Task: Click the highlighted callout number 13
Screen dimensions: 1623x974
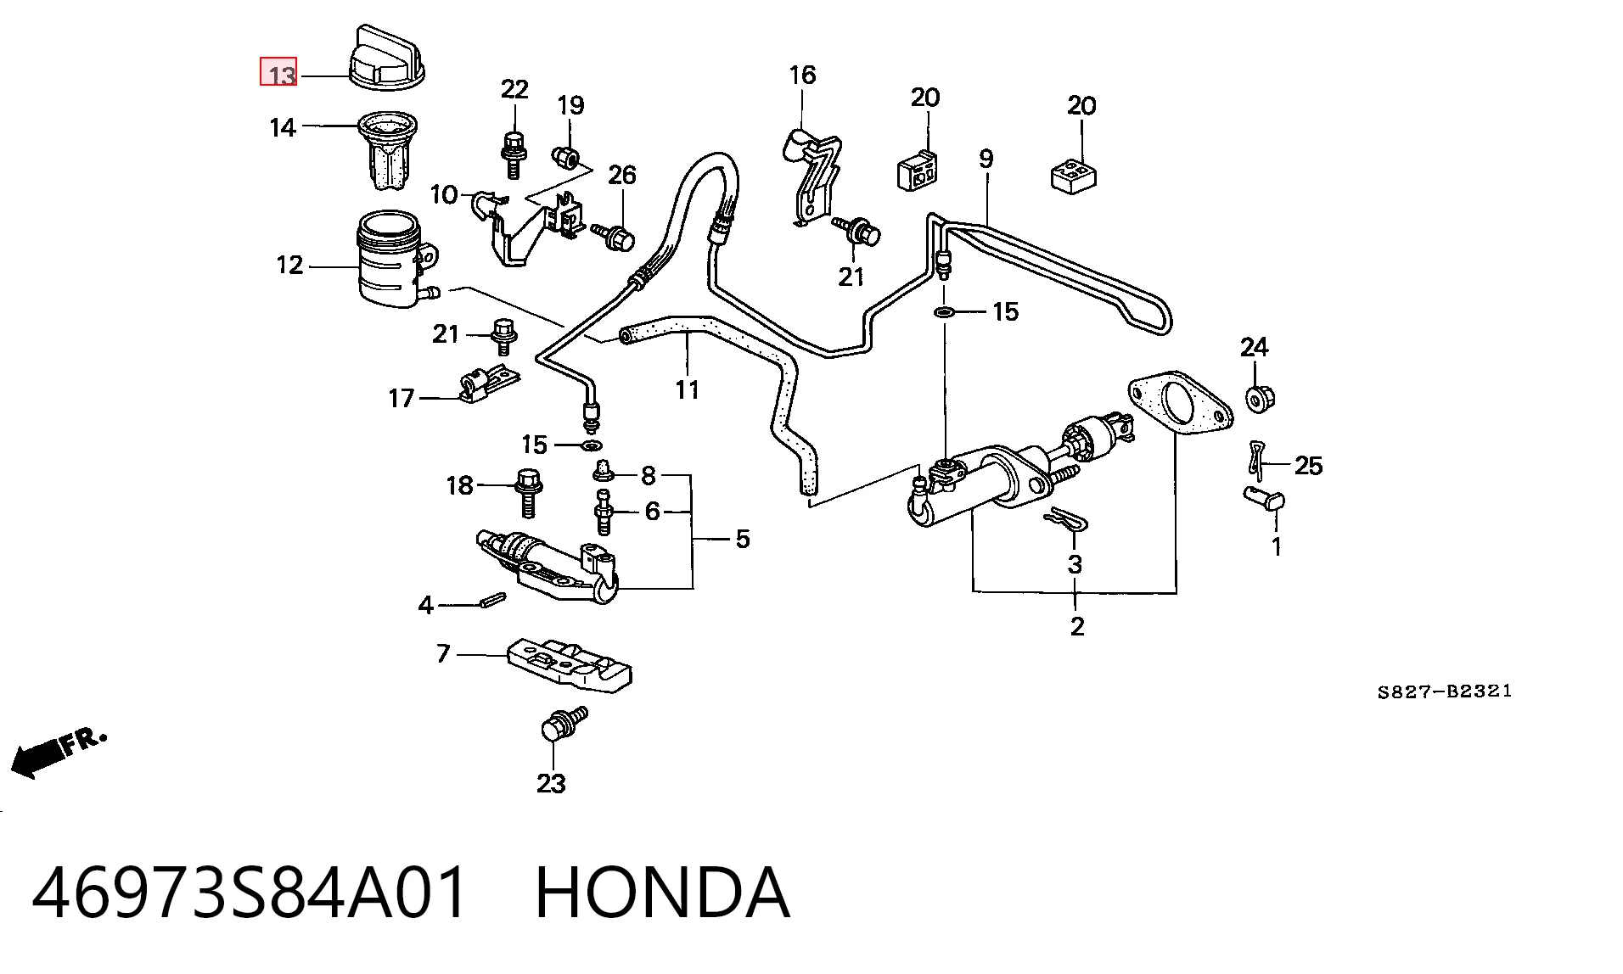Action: point(278,72)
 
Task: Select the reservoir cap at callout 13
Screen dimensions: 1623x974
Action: point(387,57)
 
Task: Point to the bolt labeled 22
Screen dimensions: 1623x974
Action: point(512,154)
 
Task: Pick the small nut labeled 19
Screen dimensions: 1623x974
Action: point(565,157)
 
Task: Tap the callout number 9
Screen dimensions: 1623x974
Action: point(986,159)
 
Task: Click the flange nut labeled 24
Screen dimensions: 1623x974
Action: point(1261,398)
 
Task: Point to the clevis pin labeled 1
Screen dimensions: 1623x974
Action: point(1265,498)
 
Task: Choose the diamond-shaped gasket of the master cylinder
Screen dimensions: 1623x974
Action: point(1178,404)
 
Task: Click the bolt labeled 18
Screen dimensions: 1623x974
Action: point(527,492)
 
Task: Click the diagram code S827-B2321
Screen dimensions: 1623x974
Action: point(1445,691)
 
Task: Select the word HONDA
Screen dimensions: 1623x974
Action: point(663,893)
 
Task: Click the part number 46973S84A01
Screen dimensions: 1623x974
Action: point(250,893)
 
